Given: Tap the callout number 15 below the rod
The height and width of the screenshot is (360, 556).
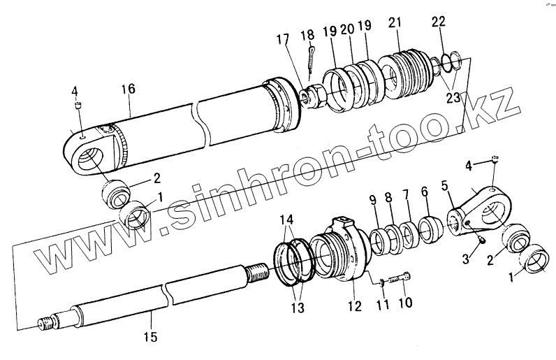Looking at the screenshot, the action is (x=151, y=337).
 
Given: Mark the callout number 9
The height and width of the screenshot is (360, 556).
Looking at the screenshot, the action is (x=372, y=199).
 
